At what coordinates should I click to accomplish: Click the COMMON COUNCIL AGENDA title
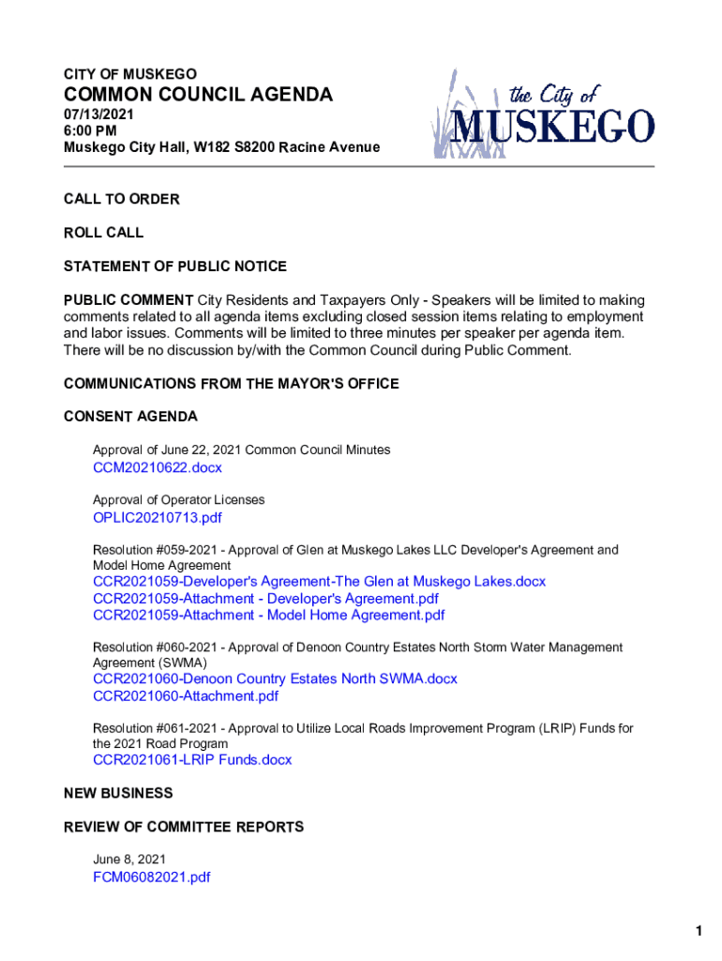198,95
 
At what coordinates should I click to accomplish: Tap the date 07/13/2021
99,114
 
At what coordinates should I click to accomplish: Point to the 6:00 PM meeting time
90,131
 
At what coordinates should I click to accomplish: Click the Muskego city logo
543,114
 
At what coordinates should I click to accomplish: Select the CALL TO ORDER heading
121,199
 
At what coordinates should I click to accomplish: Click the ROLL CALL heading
103,233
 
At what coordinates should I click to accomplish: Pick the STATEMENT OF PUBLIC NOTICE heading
175,267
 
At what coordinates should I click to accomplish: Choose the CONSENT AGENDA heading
130,416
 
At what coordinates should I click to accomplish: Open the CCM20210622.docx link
158,467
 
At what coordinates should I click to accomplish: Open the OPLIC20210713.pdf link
158,517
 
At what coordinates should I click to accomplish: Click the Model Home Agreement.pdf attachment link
269,616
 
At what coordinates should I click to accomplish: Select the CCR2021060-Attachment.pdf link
186,696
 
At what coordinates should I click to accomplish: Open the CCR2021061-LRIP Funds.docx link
192,760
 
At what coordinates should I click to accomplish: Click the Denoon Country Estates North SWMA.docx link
275,679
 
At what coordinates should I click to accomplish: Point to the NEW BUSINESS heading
118,793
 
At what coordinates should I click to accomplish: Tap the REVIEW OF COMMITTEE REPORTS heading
184,827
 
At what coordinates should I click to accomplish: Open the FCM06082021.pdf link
152,877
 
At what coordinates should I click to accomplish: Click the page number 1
699,931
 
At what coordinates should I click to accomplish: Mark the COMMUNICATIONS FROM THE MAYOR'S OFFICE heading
231,384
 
